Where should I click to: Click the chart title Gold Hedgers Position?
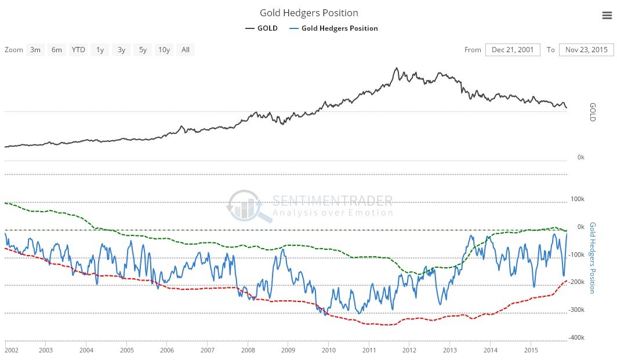(x=308, y=13)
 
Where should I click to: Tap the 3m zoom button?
(x=35, y=50)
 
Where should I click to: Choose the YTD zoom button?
(x=78, y=50)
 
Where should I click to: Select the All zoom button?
(x=185, y=50)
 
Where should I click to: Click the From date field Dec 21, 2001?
(x=513, y=50)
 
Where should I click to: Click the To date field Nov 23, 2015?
(x=586, y=50)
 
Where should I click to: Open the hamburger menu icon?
(x=607, y=16)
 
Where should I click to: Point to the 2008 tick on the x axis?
(x=248, y=351)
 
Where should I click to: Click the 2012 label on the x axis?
(x=409, y=351)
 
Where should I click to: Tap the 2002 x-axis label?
(x=12, y=351)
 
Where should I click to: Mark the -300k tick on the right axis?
(x=576, y=310)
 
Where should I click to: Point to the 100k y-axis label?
(x=578, y=199)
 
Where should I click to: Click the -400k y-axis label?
(x=576, y=338)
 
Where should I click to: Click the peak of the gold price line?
(x=397, y=68)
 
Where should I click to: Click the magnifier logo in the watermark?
(x=249, y=205)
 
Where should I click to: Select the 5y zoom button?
(x=143, y=50)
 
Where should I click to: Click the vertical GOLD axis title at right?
(x=593, y=112)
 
